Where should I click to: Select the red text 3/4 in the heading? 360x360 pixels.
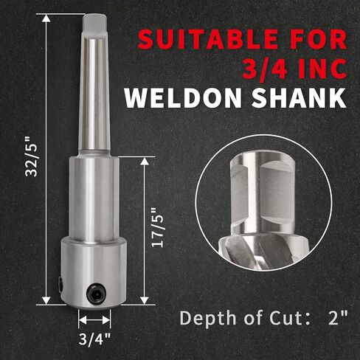(x=266, y=68)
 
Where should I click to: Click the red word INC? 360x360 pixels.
(x=322, y=68)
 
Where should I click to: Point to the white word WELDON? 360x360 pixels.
(x=183, y=97)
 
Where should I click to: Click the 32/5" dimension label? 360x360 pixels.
(x=32, y=156)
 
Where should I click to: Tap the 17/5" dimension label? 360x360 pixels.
(x=158, y=228)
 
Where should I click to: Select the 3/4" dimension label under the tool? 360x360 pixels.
(x=94, y=339)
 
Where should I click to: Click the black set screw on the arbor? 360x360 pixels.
(x=96, y=292)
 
